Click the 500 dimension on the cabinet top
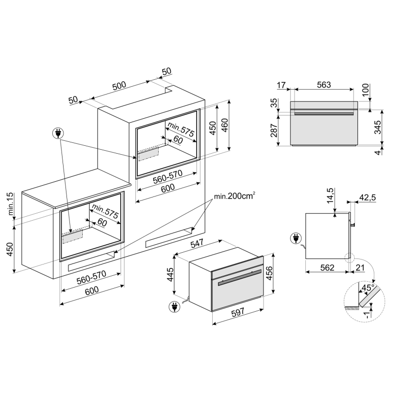pos(119,86)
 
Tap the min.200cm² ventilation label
pos(235,196)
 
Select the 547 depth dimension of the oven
pos(197,243)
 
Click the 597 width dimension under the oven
pos(237,312)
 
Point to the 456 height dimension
pos(269,273)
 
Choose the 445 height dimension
pos(170,274)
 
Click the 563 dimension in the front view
pos(324,85)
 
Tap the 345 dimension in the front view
pos(377,127)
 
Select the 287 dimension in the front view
pos(274,130)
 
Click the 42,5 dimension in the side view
pos(367,197)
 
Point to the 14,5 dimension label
pos(330,196)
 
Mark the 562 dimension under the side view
pos(327,267)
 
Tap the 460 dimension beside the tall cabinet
pos(225,125)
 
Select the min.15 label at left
pos(10,203)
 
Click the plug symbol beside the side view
pos(296,238)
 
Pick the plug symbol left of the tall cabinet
pos(58,133)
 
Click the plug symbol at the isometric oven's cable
pos(174,306)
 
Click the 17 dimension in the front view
pos(281,85)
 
